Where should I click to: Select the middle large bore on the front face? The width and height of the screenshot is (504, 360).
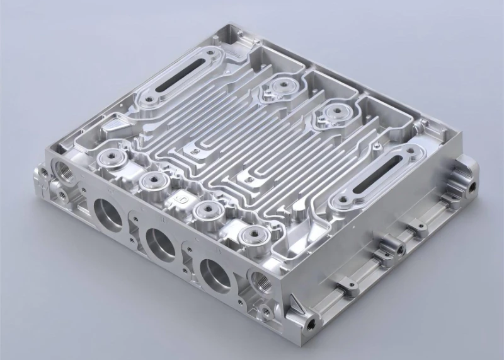click(160, 243)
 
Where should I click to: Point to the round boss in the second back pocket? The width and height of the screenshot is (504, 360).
click(332, 113)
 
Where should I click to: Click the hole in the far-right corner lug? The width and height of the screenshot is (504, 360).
click(472, 186)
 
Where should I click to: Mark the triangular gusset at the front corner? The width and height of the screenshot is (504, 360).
click(295, 307)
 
